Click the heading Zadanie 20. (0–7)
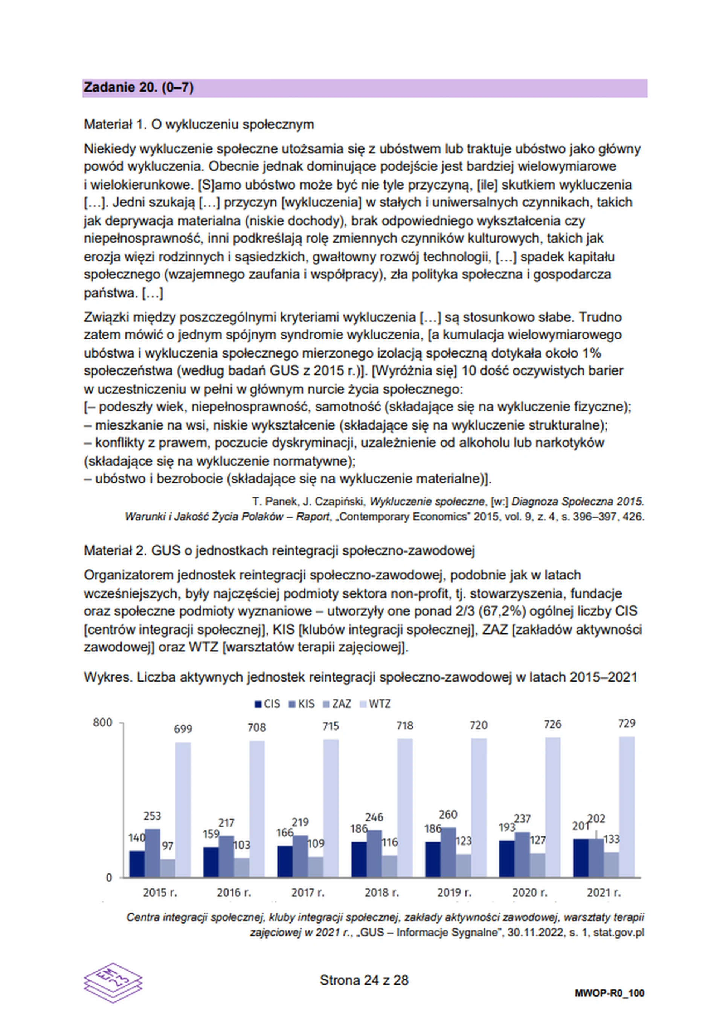(139, 87)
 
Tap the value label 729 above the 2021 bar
(626, 723)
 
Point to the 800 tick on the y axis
(102, 722)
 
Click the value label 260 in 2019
(448, 814)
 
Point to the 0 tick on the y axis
(109, 878)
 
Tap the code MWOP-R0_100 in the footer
(609, 993)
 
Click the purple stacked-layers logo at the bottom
(113, 982)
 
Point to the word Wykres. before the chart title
(108, 677)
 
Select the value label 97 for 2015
(167, 846)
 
